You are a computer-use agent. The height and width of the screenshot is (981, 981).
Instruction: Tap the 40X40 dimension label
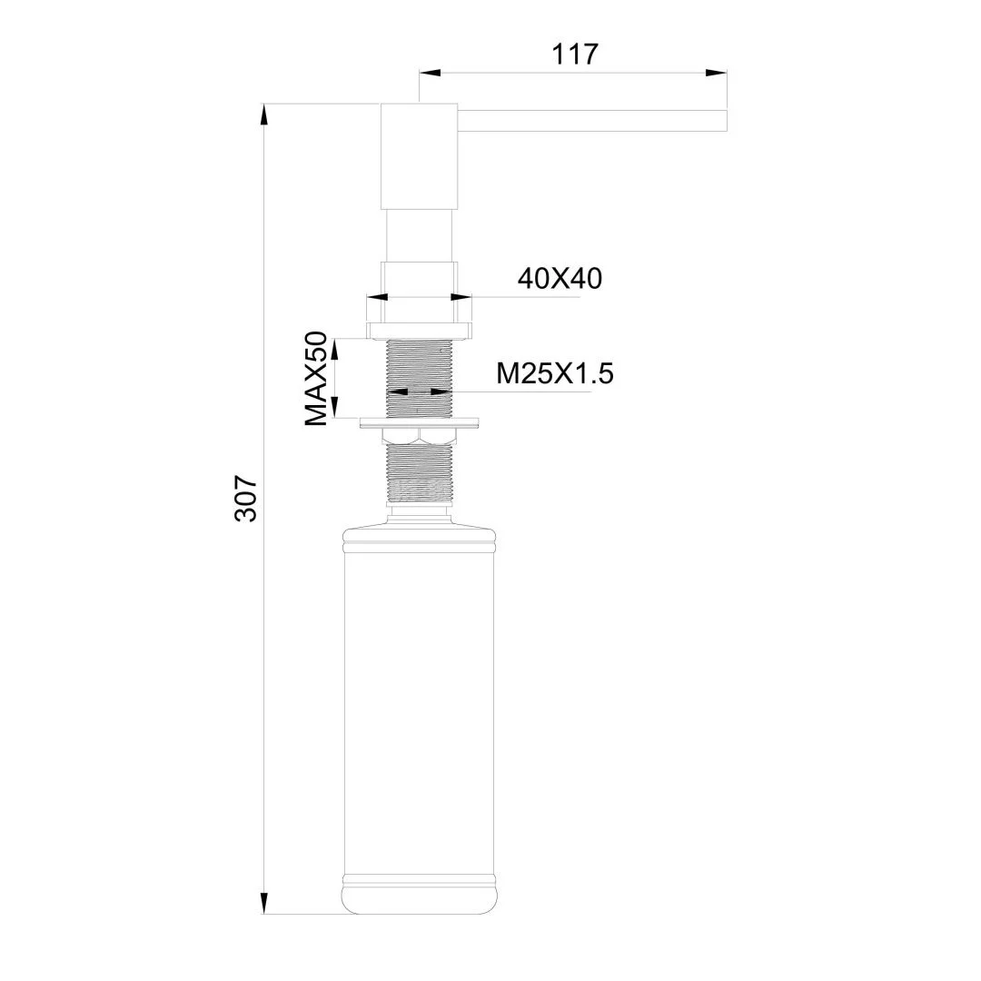point(560,279)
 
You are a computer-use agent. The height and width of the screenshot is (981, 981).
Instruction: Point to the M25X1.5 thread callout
point(554,372)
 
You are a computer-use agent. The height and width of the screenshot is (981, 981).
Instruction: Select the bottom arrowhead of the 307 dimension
point(264,903)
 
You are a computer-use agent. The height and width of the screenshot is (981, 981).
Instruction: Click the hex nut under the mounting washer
point(419,437)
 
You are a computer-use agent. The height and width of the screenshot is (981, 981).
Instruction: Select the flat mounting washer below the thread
point(419,422)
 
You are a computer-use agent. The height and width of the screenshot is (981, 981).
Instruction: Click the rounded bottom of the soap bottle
point(419,899)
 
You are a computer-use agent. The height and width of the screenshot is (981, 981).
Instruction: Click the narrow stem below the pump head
point(419,236)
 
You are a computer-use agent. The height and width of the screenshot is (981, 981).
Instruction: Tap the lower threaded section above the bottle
point(419,477)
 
